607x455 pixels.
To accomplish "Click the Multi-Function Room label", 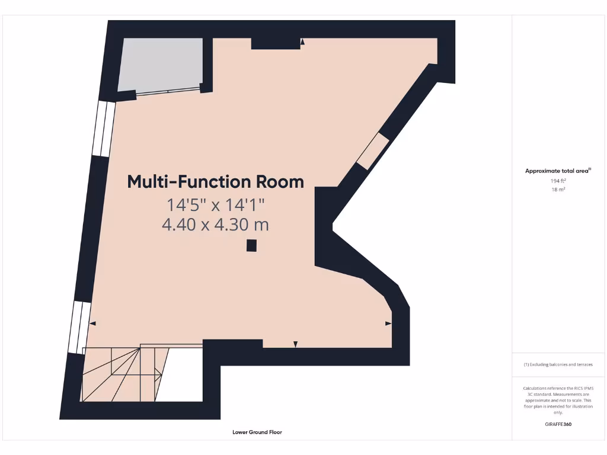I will pos(216,181).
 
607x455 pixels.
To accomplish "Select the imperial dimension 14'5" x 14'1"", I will pos(215,205).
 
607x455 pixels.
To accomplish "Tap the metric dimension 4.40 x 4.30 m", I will pos(215,225).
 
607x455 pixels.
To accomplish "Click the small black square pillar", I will pos(252,245).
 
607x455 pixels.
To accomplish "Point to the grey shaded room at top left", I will pos(160,63).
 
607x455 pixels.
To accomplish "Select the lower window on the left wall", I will pos(79,328).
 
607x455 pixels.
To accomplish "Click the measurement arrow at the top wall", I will pos(302,42).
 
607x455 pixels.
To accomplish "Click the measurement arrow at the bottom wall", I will pos(296,344).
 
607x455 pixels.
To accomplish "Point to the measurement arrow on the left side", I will pos(92,323).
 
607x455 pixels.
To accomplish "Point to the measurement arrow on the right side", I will pos(388,323).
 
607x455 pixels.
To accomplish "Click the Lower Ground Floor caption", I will pos(257,432).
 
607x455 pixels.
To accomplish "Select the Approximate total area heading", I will pos(558,171).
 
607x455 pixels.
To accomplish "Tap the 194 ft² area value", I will pos(558,181).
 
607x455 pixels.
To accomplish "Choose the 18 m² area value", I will pos(558,190).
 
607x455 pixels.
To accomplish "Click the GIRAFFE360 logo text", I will pos(558,424).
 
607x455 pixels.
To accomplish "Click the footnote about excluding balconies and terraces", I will pos(558,364).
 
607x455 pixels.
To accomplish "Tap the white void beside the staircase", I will pos(181,374).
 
